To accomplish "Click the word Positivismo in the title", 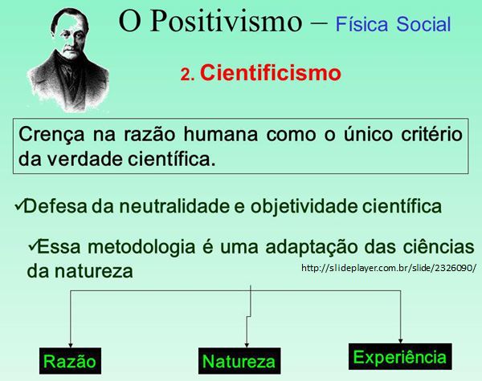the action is pos(226,21).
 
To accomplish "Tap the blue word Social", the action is pos(423,24).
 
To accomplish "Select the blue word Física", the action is pos(361,24).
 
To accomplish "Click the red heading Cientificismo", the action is pos(271,73).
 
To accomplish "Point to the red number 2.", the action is pos(187,75).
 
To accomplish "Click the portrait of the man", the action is pos(68,59).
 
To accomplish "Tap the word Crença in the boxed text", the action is pos(51,135).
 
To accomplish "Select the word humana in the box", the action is pos(221,135).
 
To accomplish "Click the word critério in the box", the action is pos(431,135).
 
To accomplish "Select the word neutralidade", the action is pos(174,206).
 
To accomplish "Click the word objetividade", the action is pos(304,207).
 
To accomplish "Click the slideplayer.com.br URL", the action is pos(389,268).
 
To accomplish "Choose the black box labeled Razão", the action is pos(70,361).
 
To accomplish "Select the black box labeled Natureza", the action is pos(239,361).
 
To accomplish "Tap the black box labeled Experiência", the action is pos(400,357).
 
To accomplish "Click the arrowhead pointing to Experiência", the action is pos(400,341).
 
